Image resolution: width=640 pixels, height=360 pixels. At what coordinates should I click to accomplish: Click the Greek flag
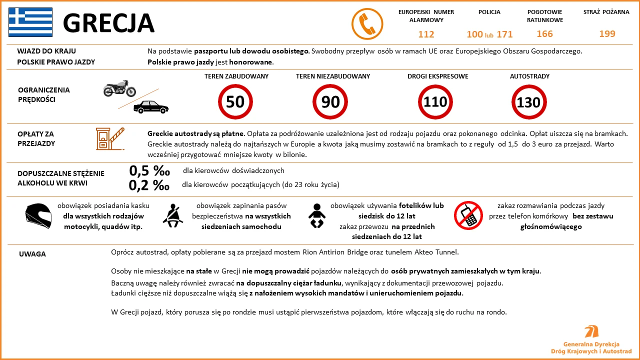(30, 22)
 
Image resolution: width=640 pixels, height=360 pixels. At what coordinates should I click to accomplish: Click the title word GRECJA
(108, 23)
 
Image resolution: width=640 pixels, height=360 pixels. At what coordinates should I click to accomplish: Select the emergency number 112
(426, 34)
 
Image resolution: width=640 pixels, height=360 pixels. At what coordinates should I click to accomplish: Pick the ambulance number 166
(544, 34)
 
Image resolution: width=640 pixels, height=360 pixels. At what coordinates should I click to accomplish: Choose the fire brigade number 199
(607, 34)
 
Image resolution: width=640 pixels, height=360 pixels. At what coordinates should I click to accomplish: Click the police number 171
(504, 34)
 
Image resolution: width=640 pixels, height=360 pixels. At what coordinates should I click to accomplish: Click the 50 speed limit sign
(235, 102)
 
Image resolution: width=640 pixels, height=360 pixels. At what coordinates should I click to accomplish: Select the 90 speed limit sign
(330, 102)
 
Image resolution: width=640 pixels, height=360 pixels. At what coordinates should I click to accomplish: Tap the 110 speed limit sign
(435, 102)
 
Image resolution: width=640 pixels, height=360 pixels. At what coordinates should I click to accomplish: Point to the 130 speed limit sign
(528, 102)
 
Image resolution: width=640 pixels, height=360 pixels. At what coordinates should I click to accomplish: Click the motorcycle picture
(119, 88)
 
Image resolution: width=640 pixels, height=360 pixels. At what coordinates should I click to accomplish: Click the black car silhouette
(151, 106)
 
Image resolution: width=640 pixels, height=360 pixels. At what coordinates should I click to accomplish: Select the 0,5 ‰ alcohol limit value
(149, 170)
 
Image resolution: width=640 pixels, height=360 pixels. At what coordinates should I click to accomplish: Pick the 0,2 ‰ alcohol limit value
(149, 185)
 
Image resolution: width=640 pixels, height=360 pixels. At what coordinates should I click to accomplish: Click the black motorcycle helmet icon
(38, 215)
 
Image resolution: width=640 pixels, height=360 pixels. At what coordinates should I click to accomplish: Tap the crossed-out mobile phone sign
(468, 215)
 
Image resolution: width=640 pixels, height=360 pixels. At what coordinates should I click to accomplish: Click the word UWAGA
(32, 254)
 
